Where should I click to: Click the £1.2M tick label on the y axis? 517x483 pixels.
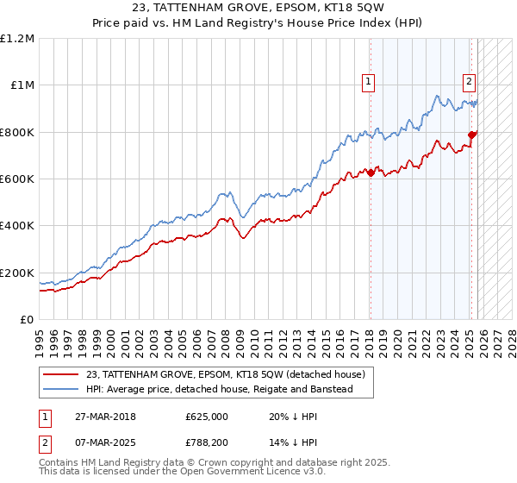(x=17, y=39)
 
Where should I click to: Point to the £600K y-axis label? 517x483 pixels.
(x=17, y=179)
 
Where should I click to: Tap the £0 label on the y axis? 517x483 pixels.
(x=26, y=320)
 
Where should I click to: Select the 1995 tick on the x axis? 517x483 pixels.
(x=40, y=336)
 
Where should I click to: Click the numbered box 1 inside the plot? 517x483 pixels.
(x=369, y=82)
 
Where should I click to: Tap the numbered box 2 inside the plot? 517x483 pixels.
(x=469, y=82)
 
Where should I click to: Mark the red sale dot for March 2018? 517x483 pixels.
(x=371, y=173)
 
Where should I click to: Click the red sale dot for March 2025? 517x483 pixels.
(x=471, y=135)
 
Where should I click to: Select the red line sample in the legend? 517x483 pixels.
(x=61, y=374)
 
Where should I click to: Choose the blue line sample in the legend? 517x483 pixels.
(x=61, y=389)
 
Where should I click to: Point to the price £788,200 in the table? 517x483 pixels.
(x=206, y=443)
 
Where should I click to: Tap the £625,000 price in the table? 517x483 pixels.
(x=206, y=416)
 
